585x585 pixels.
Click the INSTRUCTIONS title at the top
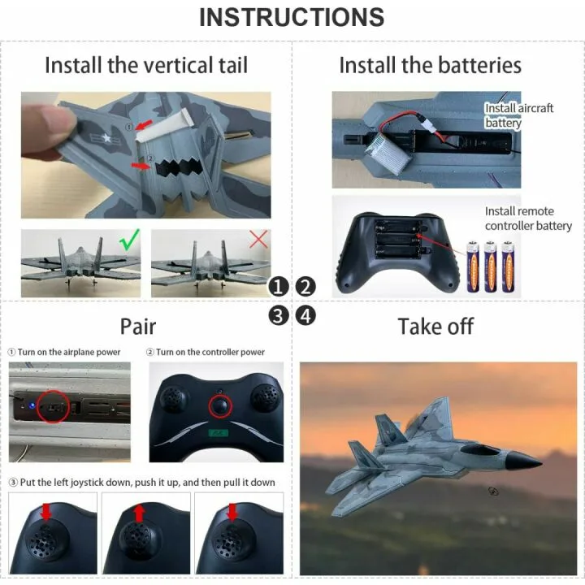click(292, 17)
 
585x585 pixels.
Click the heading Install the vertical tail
click(146, 65)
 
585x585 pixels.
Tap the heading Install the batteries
click(430, 65)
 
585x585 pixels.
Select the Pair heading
click(138, 327)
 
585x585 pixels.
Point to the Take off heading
click(435, 327)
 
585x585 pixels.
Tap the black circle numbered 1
click(279, 286)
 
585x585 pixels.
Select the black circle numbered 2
click(305, 286)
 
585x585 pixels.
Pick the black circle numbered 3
click(279, 315)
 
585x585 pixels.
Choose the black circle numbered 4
click(305, 315)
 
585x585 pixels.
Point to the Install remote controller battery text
click(528, 219)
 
